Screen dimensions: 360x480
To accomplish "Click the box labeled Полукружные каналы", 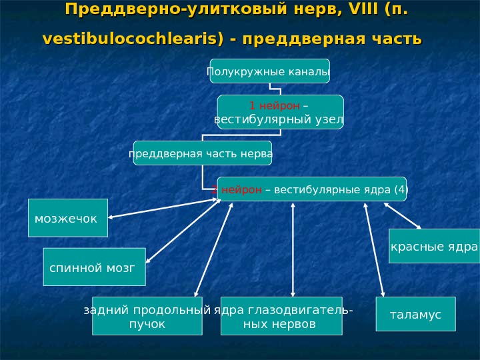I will tap(269, 71).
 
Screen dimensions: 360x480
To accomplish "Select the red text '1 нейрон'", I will tap(270, 106).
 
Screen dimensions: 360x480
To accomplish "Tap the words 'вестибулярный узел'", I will tap(279, 120).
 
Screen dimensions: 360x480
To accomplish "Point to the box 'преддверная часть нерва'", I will tap(202, 153).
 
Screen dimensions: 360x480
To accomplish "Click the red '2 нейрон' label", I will tap(238, 189).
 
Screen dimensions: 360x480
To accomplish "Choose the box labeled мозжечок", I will tap(67, 218).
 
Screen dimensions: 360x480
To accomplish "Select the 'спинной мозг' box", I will tap(93, 267).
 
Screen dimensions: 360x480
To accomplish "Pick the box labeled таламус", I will tap(415, 314).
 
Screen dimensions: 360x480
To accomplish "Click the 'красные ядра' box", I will tap(434, 247).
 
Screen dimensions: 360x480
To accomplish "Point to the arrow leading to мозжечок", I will tap(163, 208).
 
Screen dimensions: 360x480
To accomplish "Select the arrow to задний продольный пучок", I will tap(213, 249).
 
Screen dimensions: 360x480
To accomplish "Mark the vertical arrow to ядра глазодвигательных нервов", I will tap(293, 249).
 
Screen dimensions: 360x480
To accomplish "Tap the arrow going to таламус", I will tap(374, 249).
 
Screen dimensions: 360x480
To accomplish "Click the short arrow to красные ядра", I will tap(403, 215).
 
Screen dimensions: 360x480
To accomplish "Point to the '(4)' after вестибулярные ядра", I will tap(400, 189).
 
